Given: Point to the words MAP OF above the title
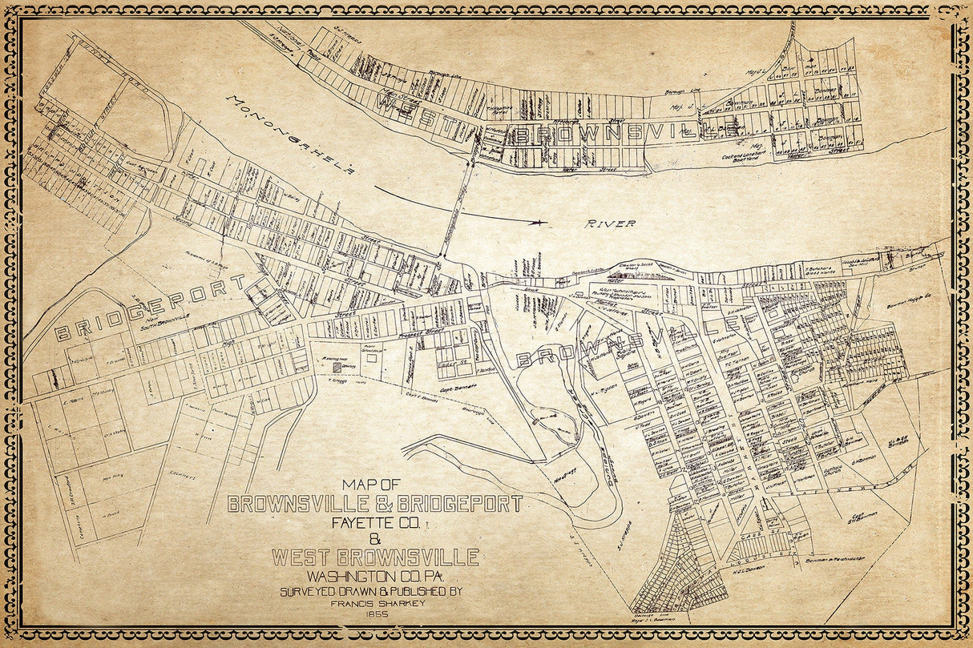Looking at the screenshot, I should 370,485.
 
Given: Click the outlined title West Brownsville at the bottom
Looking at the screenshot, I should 375,557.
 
